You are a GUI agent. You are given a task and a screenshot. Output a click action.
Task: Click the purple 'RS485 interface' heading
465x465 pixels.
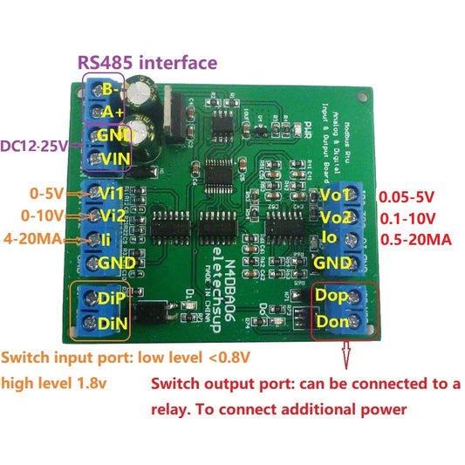point(147,62)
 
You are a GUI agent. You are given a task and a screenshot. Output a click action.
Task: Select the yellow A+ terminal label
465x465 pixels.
point(113,112)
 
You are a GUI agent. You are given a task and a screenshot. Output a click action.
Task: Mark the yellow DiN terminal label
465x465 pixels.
point(113,325)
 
